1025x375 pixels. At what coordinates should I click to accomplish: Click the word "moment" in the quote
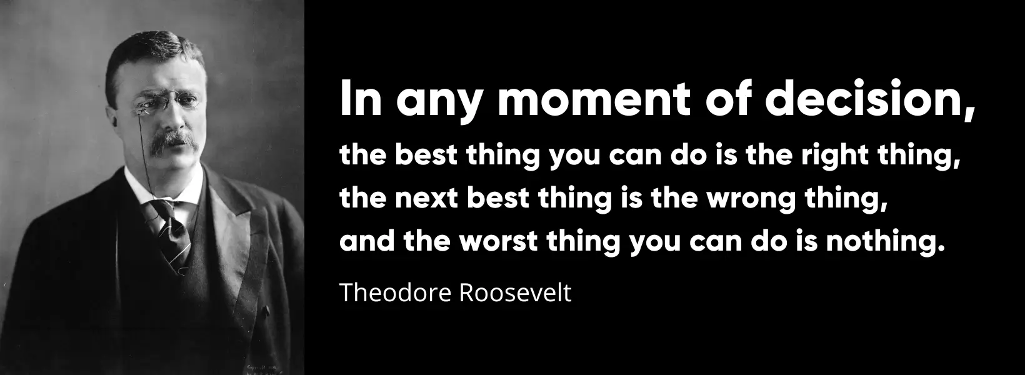click(x=594, y=99)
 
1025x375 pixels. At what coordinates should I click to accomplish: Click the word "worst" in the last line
click(x=498, y=241)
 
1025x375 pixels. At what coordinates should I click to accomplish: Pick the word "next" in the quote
click(x=426, y=199)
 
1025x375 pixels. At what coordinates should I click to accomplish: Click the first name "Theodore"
click(x=396, y=292)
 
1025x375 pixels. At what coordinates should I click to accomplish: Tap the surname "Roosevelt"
click(x=515, y=292)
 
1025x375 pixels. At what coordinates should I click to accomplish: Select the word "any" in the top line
click(x=438, y=104)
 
